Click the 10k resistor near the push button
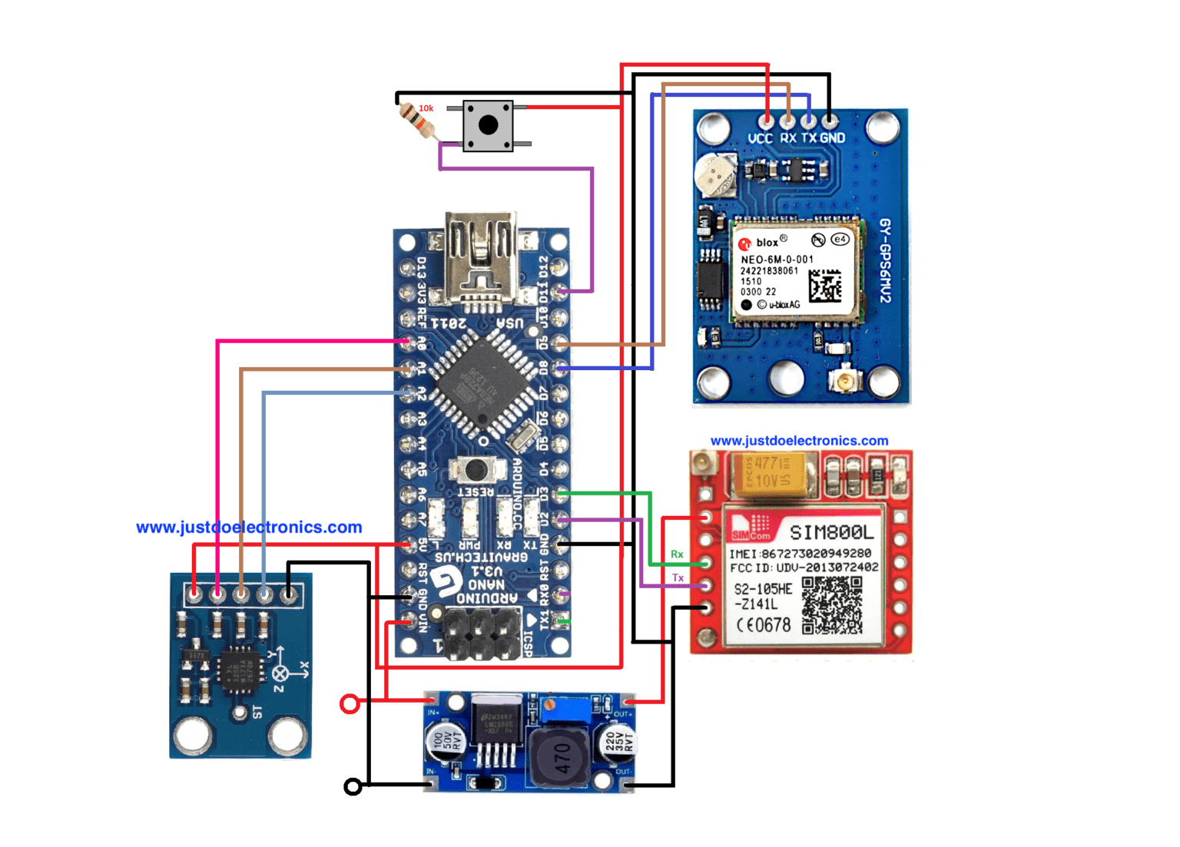pyautogui.click(x=419, y=121)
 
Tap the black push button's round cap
pyautogui.click(x=488, y=125)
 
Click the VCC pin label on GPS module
pyautogui.click(x=760, y=138)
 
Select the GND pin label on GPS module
pyautogui.click(x=832, y=138)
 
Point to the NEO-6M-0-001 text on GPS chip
pyautogui.click(x=776, y=260)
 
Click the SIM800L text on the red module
pyautogui.click(x=831, y=532)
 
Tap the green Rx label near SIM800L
pyautogui.click(x=677, y=554)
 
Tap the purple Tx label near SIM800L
pyautogui.click(x=678, y=578)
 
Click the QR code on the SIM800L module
pyautogui.click(x=832, y=605)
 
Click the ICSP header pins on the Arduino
pyautogui.click(x=482, y=634)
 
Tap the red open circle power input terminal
pyautogui.click(x=350, y=703)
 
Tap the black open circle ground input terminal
pyautogui.click(x=353, y=786)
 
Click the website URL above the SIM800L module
pyautogui.click(x=799, y=441)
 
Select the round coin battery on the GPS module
pyautogui.click(x=715, y=174)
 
